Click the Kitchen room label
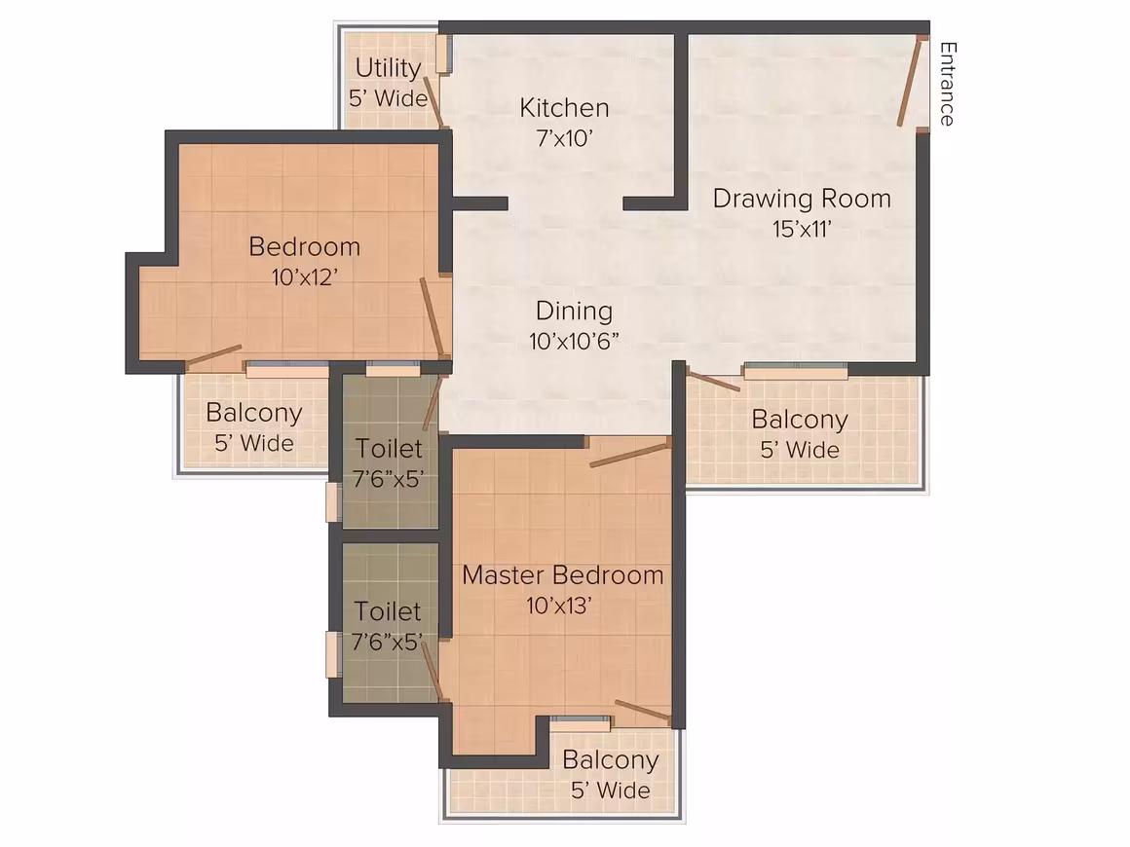[x=564, y=108]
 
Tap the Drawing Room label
[x=802, y=199]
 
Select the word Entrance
[x=948, y=85]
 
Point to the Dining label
[x=575, y=312]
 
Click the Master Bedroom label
[x=563, y=575]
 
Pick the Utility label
[x=389, y=68]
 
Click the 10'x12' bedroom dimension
[x=305, y=277]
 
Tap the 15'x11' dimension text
[x=802, y=229]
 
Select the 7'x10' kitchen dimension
[x=564, y=137]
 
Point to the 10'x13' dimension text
[x=559, y=606]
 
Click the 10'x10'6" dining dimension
[x=575, y=342]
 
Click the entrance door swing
[x=910, y=82]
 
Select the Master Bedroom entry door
[x=629, y=456]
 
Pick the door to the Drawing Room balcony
[x=712, y=381]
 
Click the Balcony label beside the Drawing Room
[x=800, y=420]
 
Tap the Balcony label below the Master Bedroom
[x=611, y=760]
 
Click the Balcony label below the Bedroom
[x=254, y=414]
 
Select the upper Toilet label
[x=389, y=449]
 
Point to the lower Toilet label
[x=388, y=611]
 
